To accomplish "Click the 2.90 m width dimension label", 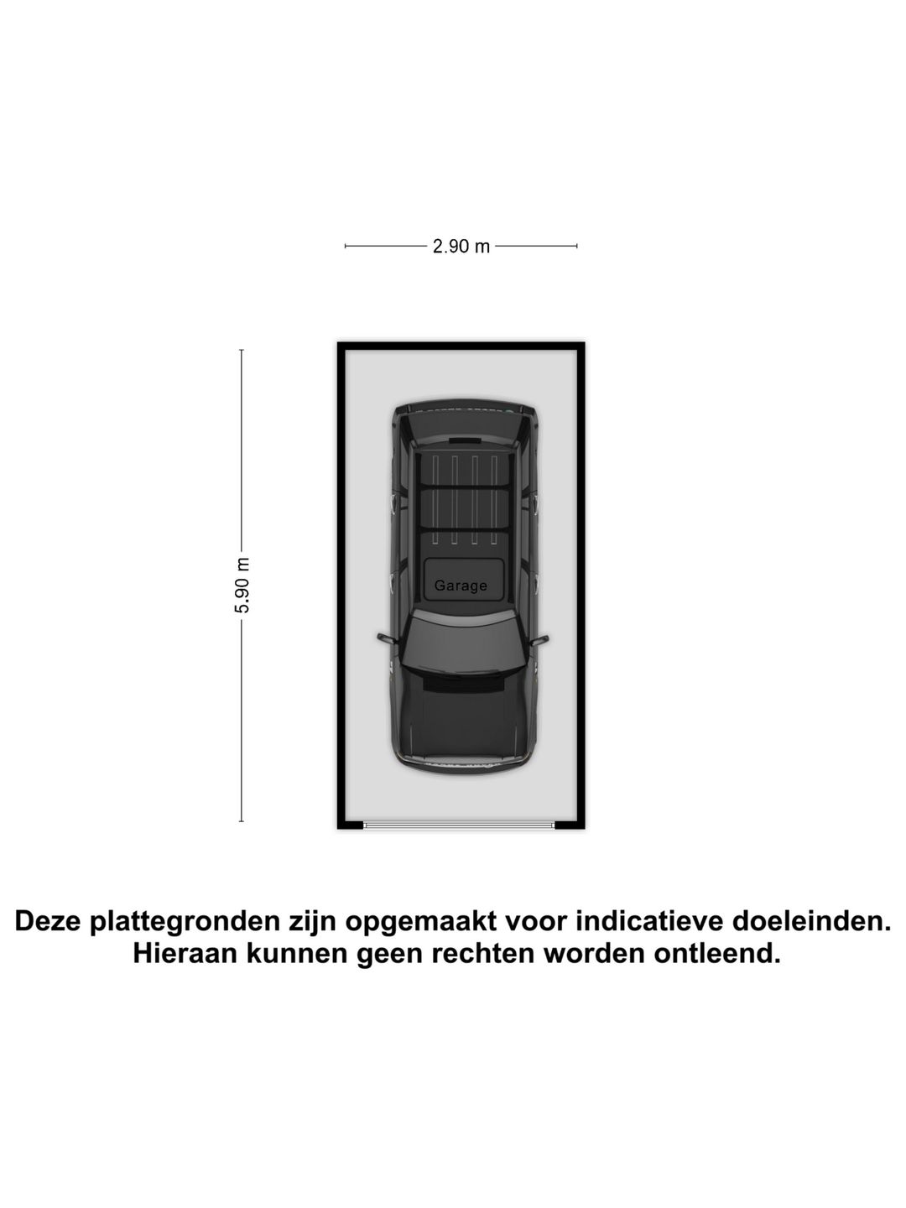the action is tap(461, 247).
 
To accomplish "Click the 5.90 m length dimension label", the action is tap(242, 585).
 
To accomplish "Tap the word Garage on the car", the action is tap(461, 586).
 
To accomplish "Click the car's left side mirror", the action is tap(388, 638).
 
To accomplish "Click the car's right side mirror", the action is tap(539, 640).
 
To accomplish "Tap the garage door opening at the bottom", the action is tap(459, 825).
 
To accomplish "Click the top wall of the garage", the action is tap(461, 346).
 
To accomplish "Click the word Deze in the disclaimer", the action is tap(48, 921).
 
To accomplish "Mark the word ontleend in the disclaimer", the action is tap(717, 953).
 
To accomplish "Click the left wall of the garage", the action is tap(341, 585).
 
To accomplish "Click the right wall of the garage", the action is tap(581, 585).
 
